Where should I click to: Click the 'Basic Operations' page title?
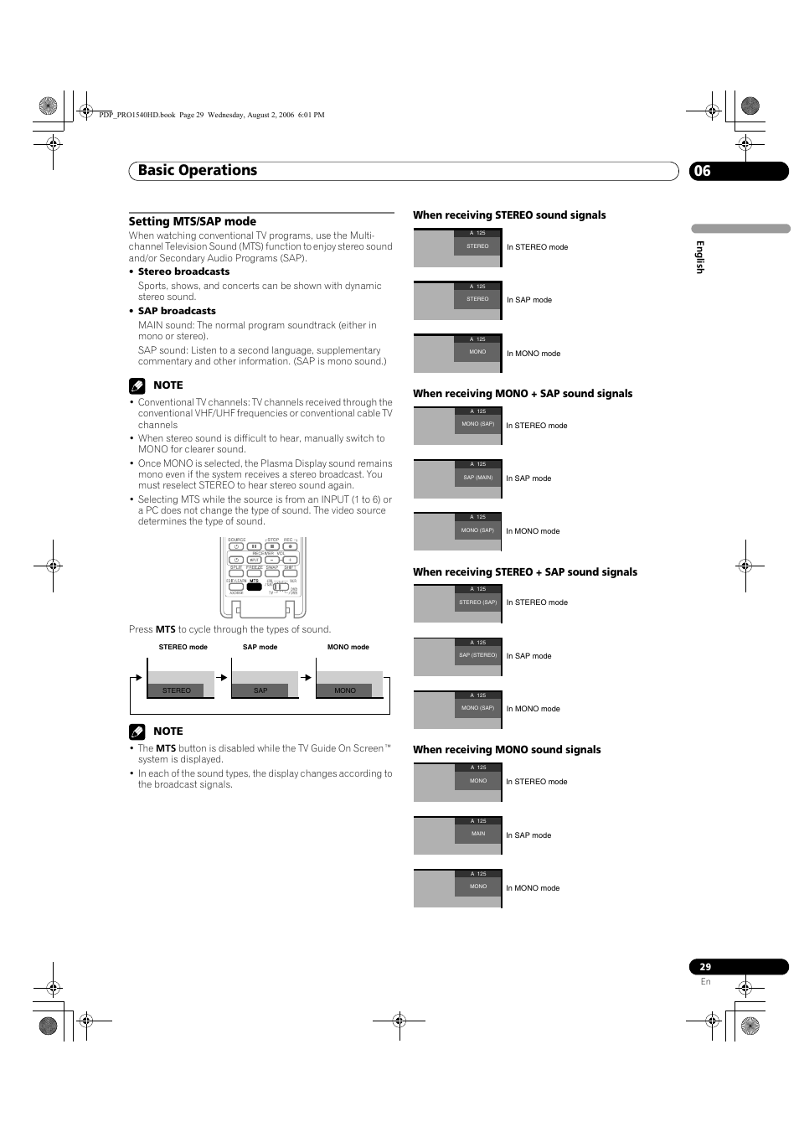[198, 170]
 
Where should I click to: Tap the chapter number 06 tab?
[702, 171]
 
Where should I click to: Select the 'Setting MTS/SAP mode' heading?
[192, 221]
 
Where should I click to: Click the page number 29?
[705, 967]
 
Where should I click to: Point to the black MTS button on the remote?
[254, 587]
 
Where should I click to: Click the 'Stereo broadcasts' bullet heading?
[183, 271]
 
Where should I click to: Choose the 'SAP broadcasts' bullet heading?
[177, 311]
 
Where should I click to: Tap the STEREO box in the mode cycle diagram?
[177, 690]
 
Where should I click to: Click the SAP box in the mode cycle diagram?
[260, 690]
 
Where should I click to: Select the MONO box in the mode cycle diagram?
[345, 690]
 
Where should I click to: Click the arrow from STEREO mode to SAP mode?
[221, 677]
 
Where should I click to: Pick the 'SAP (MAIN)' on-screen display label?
[478, 478]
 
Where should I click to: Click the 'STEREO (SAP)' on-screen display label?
[478, 602]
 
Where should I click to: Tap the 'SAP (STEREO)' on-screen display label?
[478, 655]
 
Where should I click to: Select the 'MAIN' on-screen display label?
[478, 834]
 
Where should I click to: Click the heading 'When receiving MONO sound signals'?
[507, 750]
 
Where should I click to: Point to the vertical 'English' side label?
[700, 257]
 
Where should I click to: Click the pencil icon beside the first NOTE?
[137, 385]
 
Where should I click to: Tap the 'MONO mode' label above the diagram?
[348, 647]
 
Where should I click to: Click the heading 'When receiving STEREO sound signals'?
[509, 215]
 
